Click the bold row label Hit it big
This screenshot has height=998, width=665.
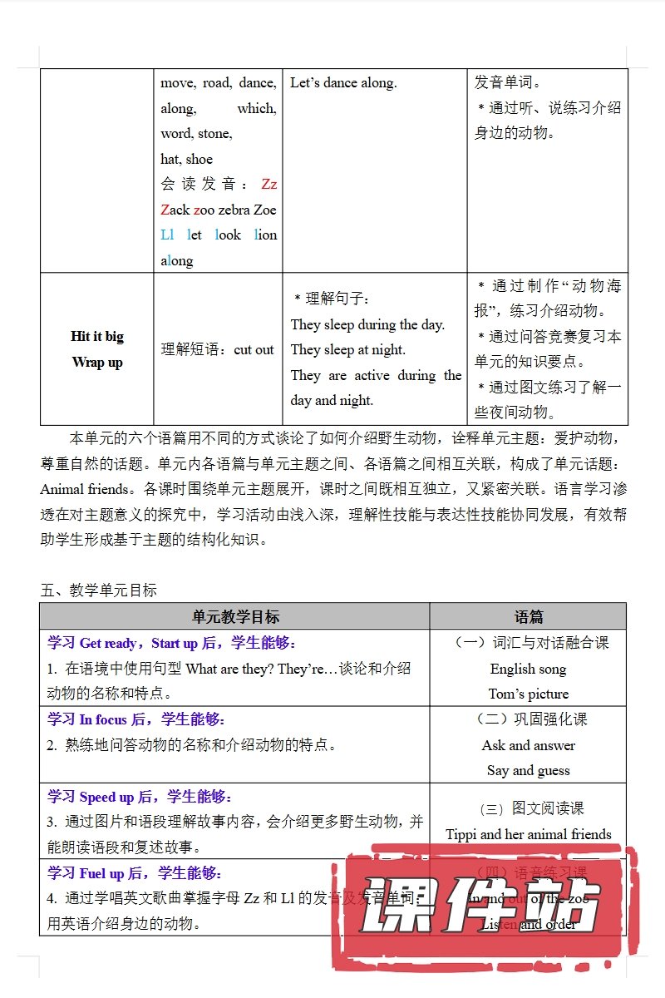[97, 336]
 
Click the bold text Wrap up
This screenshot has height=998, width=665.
[97, 362]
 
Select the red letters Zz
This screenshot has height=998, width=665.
[268, 184]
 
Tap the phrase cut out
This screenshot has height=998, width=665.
[254, 349]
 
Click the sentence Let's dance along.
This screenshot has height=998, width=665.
[343, 82]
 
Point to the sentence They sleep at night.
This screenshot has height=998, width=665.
[348, 349]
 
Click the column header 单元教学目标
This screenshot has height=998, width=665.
[235, 616]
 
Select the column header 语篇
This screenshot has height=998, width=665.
[529, 616]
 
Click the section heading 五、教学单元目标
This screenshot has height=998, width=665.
[98, 590]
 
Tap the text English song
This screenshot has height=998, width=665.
[528, 669]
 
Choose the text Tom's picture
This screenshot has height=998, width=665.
[529, 694]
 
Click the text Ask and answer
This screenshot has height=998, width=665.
[528, 745]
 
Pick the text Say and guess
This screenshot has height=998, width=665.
[529, 770]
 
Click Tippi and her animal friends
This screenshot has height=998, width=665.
[529, 834]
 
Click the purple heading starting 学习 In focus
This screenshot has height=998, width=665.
[136, 719]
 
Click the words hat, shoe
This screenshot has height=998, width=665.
[187, 159]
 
